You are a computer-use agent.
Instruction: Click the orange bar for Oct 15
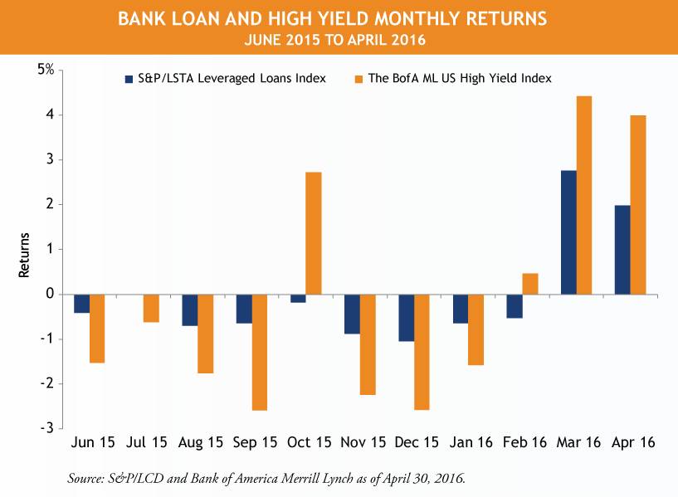(x=313, y=233)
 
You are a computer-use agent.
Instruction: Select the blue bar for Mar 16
(x=570, y=232)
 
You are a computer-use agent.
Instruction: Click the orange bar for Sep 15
(x=260, y=352)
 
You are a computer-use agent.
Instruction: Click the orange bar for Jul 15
(x=151, y=308)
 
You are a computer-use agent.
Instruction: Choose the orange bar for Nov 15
(x=368, y=344)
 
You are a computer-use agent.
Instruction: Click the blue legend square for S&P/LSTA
(x=129, y=78)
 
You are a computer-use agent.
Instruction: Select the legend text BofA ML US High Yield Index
(x=460, y=78)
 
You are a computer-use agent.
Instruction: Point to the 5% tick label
(x=45, y=70)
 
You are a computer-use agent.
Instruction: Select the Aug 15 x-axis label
(x=201, y=443)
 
